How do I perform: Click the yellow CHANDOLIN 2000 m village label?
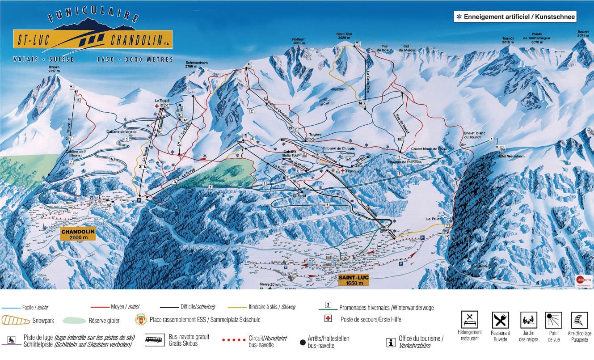click(x=78, y=235)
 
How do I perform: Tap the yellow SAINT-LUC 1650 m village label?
click(x=354, y=280)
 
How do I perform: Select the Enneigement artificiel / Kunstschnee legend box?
click(x=515, y=17)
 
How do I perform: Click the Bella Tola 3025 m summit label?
click(x=344, y=36)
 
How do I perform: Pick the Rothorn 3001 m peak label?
click(x=299, y=41)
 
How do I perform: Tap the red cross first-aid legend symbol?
click(x=329, y=318)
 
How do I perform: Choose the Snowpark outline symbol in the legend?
click(x=16, y=320)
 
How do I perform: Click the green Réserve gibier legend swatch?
click(x=74, y=320)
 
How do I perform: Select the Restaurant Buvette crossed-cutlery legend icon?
click(x=500, y=320)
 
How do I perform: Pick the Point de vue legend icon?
click(x=553, y=320)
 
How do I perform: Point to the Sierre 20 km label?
click(x=270, y=284)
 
